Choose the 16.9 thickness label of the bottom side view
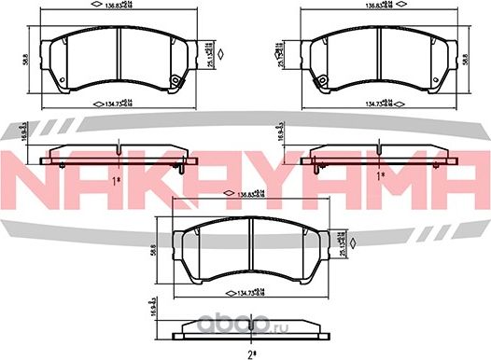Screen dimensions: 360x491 click(153, 307)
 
